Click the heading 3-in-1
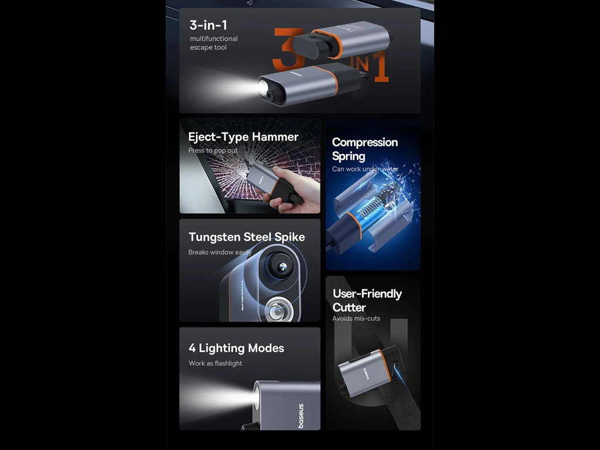(x=209, y=25)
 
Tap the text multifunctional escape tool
(x=213, y=43)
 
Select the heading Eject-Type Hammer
(x=243, y=137)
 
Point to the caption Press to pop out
(x=213, y=151)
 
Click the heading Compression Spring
(x=364, y=149)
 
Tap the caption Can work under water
(x=365, y=169)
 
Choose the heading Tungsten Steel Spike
(x=247, y=237)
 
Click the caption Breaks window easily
(x=220, y=252)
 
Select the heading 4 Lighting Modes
(x=237, y=348)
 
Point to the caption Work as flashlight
(x=216, y=363)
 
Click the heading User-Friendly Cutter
(x=367, y=301)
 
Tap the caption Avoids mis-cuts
(x=356, y=318)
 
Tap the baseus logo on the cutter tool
(x=365, y=374)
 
